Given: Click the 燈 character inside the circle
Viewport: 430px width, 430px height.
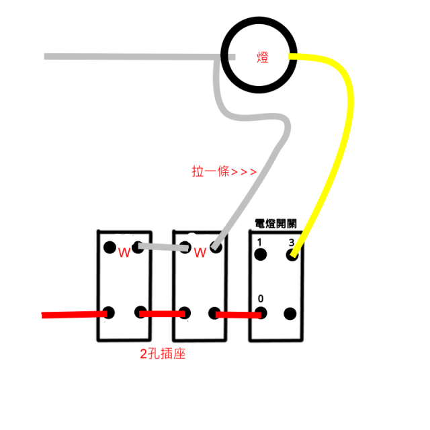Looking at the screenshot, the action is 263,57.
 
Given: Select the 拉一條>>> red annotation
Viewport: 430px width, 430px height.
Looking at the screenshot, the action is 224,172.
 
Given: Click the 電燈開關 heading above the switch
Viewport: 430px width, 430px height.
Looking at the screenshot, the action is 275,224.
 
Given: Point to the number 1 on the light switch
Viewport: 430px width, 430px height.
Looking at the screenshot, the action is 259,242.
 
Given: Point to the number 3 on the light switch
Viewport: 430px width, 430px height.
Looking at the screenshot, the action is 291,243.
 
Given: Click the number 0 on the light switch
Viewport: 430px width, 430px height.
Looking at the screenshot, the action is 261,298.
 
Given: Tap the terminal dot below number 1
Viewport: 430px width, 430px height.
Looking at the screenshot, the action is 261,255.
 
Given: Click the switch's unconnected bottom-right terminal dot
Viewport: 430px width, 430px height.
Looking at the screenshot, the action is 290,314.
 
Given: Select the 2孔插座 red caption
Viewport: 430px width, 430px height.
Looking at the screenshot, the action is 163,354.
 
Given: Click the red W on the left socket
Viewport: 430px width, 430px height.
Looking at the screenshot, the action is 124,253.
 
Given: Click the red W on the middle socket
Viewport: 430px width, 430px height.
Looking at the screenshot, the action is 200,253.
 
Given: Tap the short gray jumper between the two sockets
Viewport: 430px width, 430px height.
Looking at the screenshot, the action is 163,247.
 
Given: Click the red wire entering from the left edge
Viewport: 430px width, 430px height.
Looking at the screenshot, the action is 75,314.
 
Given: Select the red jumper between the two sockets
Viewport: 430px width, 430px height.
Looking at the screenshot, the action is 162,314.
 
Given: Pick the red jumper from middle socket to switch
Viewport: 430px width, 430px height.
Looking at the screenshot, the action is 239,315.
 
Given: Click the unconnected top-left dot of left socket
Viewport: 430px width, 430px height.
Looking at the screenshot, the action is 110,247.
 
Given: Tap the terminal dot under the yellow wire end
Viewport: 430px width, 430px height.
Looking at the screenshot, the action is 292,255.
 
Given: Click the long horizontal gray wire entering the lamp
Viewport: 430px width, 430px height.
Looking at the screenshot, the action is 140,56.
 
